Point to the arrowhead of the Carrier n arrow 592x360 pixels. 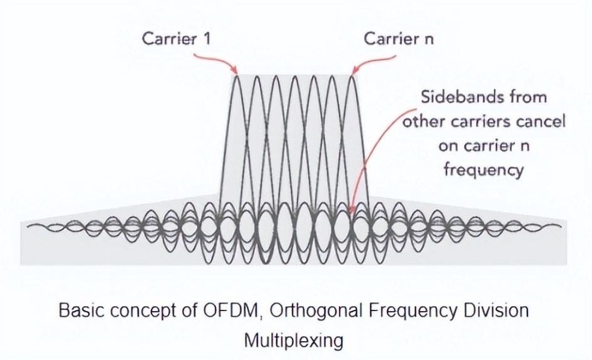click(352, 73)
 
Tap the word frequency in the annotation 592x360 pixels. click(483, 169)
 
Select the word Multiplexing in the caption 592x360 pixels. click(294, 341)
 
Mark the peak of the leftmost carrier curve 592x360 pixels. click(237, 76)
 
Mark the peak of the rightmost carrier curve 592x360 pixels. click(352, 76)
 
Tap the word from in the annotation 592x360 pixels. click(528, 97)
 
